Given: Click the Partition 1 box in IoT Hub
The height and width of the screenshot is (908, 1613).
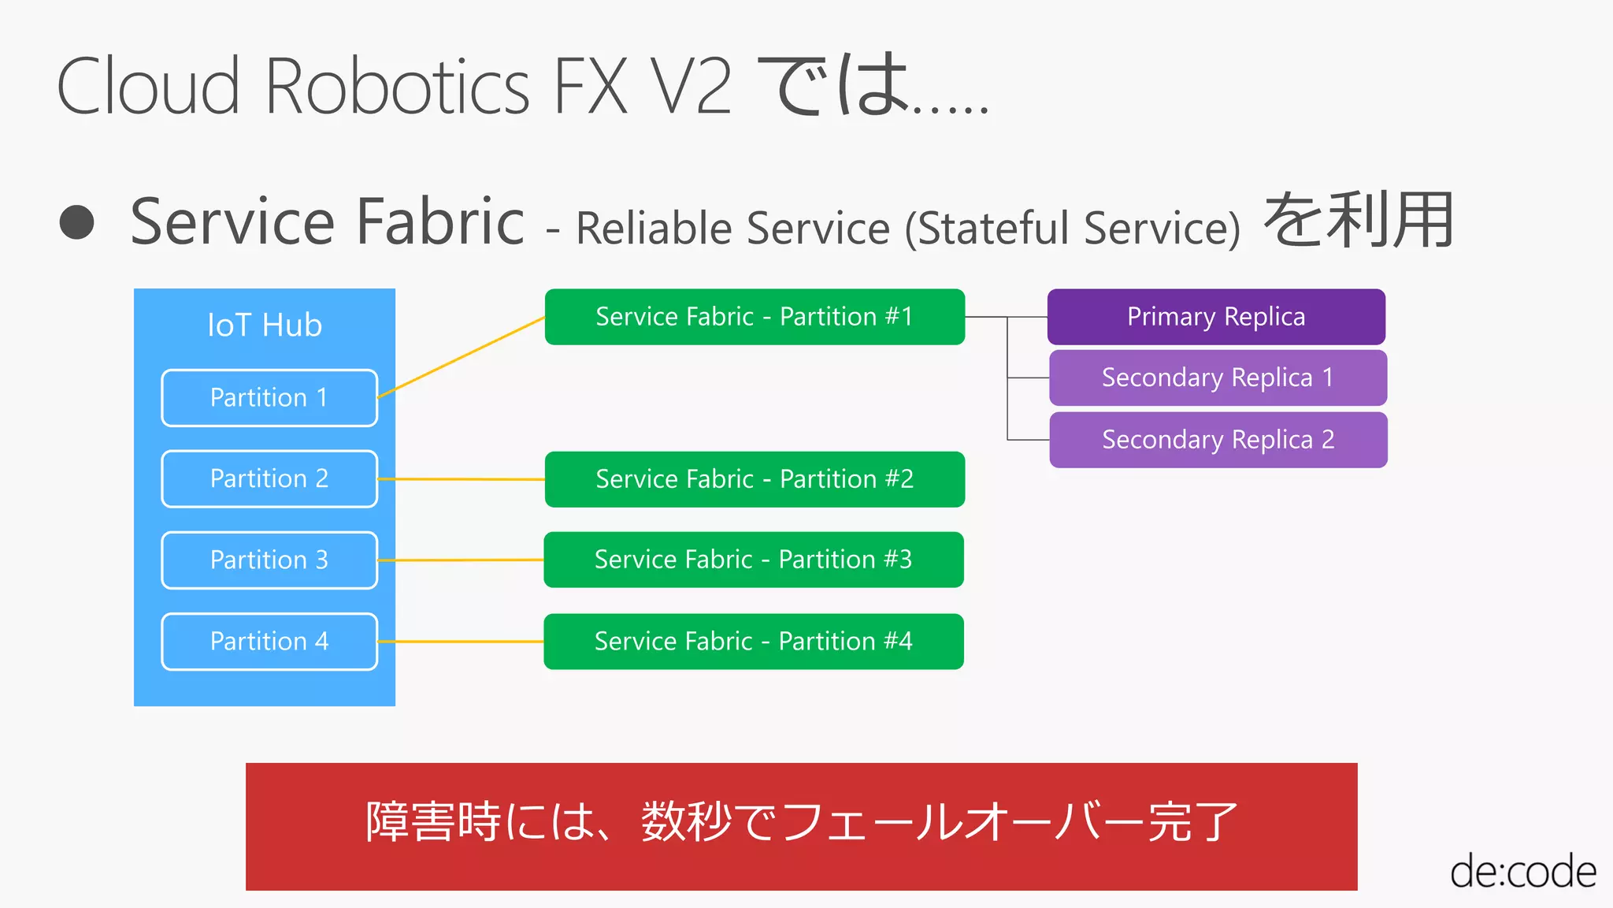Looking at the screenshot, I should pos(269,398).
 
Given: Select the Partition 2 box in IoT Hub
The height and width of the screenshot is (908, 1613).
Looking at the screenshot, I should pos(269,479).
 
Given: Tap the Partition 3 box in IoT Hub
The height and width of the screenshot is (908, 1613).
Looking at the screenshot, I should pos(269,560).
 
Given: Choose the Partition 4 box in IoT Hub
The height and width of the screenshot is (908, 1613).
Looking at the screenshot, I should pos(269,642).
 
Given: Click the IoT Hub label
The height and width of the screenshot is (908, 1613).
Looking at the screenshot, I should pos(265,326).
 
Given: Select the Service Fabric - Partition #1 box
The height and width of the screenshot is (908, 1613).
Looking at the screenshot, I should pos(755,317).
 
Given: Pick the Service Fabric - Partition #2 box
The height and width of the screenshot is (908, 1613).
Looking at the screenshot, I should pos(755,479).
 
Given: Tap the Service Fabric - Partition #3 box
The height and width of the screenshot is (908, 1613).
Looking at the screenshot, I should pos(754,560).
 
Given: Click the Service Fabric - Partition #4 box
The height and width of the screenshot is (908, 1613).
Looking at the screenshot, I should pos(754,642).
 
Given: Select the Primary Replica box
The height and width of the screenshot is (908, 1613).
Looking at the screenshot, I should pos(1216,317).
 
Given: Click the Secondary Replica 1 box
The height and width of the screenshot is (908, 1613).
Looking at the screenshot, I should pos(1218,378).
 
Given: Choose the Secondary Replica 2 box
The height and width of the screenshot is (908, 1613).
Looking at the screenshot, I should pos(1218,440).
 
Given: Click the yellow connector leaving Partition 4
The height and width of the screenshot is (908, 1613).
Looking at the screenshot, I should pos(461,642).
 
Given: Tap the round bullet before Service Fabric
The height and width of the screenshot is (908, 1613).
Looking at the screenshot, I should pos(77,223).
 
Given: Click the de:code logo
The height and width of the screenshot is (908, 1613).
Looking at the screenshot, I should pos(1522,872).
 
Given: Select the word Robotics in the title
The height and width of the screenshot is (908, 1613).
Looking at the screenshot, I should pos(398,87).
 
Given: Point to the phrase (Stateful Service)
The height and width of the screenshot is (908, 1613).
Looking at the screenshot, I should pos(1073,229).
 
